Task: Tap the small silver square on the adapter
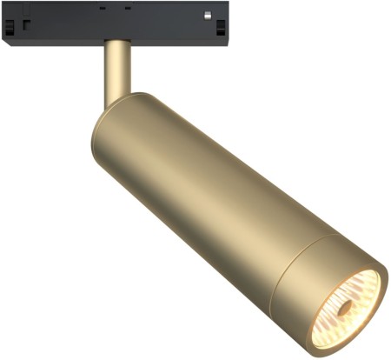click(x=208, y=15)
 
